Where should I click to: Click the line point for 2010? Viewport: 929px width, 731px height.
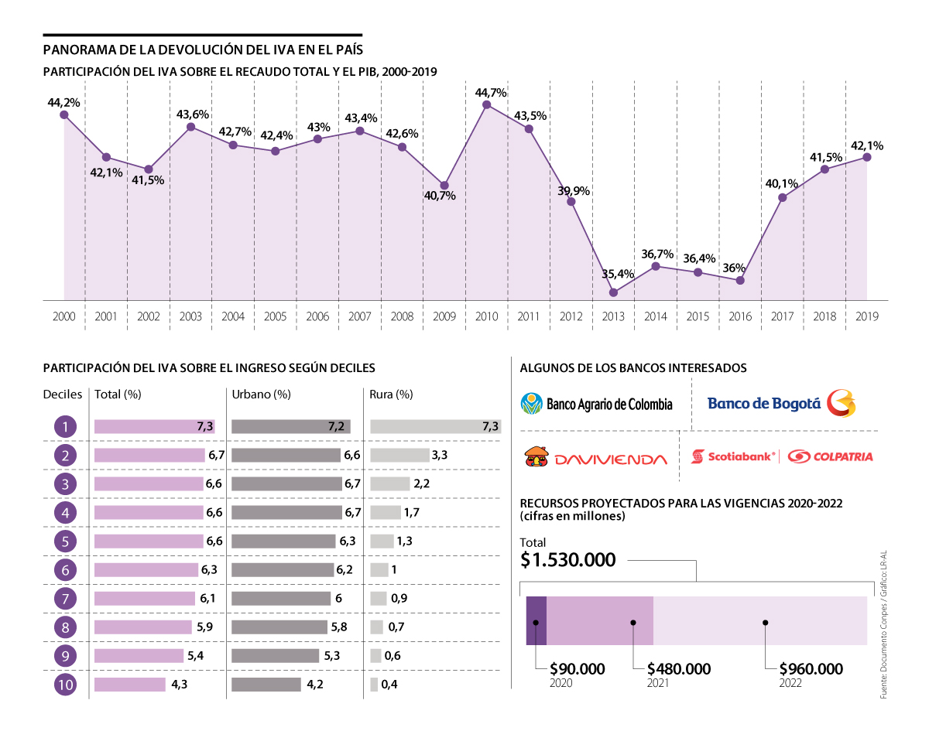(486, 104)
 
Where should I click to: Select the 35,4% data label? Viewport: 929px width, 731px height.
(617, 274)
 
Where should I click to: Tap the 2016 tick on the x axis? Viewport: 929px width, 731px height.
(739, 316)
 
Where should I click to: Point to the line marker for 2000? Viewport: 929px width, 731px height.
(64, 114)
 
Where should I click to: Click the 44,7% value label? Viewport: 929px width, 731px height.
(491, 93)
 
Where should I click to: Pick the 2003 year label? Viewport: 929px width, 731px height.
(190, 316)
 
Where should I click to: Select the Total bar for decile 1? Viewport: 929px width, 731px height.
(154, 426)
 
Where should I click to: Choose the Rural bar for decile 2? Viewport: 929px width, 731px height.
(399, 455)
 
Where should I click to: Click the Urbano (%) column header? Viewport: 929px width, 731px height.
(261, 395)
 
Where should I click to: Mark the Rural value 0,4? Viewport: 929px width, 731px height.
(389, 685)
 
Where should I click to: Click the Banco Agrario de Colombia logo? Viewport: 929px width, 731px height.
(597, 404)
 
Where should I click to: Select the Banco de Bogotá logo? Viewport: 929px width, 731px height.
(782, 403)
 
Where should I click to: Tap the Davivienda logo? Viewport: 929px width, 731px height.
(595, 458)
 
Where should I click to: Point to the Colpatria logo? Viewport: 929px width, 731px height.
(830, 456)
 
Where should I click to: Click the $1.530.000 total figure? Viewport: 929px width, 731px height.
(568, 560)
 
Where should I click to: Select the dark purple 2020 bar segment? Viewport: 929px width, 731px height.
(536, 620)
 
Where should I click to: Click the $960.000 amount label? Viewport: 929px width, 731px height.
(811, 668)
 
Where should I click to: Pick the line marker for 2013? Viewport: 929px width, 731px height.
(613, 292)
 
